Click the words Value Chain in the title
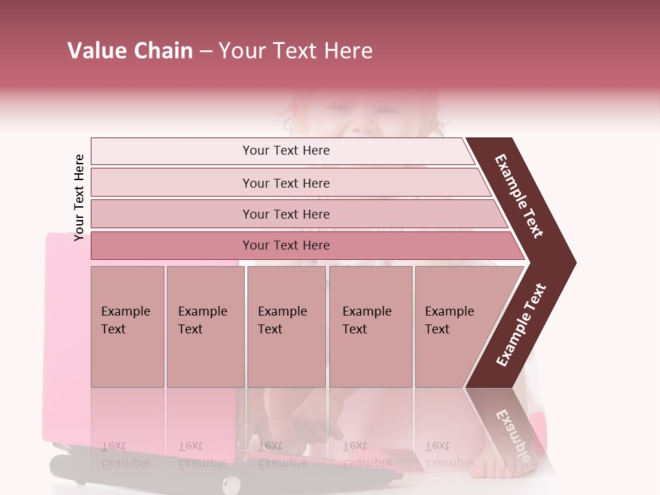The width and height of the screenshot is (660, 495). [x=130, y=51]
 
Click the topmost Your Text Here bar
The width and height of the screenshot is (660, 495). [x=286, y=151]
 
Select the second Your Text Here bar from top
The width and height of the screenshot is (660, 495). [x=286, y=183]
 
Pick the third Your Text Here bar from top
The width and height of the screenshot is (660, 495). [x=286, y=214]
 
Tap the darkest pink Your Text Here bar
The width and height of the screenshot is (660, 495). [x=286, y=245]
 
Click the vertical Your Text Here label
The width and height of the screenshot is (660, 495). [x=79, y=197]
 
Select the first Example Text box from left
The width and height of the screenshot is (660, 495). [x=127, y=327]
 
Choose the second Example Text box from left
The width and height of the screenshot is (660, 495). [x=205, y=327]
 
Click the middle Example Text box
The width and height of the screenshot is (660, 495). [x=286, y=327]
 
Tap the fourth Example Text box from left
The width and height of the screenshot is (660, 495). [x=371, y=327]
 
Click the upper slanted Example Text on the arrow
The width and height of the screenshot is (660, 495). [x=519, y=196]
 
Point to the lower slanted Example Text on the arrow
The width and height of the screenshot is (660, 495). [x=521, y=324]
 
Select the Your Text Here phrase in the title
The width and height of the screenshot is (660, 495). [x=296, y=51]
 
